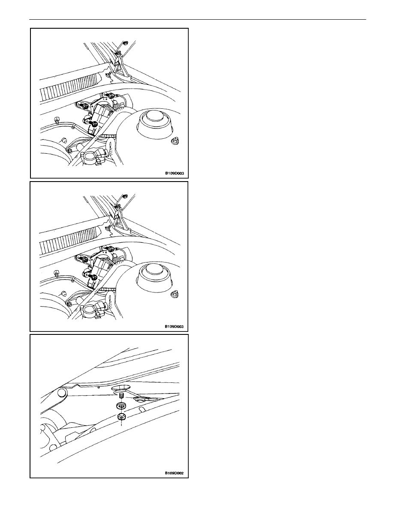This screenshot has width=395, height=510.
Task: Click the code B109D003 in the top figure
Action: coord(174,173)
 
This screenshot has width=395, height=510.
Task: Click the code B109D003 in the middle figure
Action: coord(174,326)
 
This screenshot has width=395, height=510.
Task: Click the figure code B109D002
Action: coord(174,473)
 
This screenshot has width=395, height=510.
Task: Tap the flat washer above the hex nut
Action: coord(122,406)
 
